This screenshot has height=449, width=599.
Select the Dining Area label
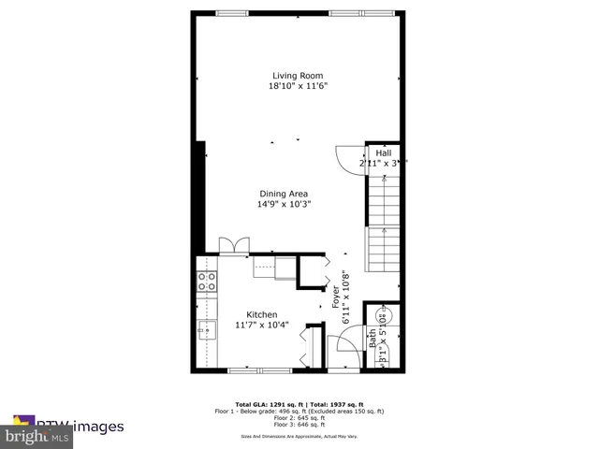coord(284,194)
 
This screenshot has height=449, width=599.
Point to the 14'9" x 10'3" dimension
coord(284,204)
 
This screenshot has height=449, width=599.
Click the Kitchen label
coord(262,314)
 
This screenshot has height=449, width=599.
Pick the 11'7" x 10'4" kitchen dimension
coord(262,326)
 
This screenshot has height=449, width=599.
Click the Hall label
coord(384,152)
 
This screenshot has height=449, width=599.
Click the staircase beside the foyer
coord(384,224)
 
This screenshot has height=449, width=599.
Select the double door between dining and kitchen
coord(233,245)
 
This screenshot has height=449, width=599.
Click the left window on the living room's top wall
coord(248,13)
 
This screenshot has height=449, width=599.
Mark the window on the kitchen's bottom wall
coord(255,371)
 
